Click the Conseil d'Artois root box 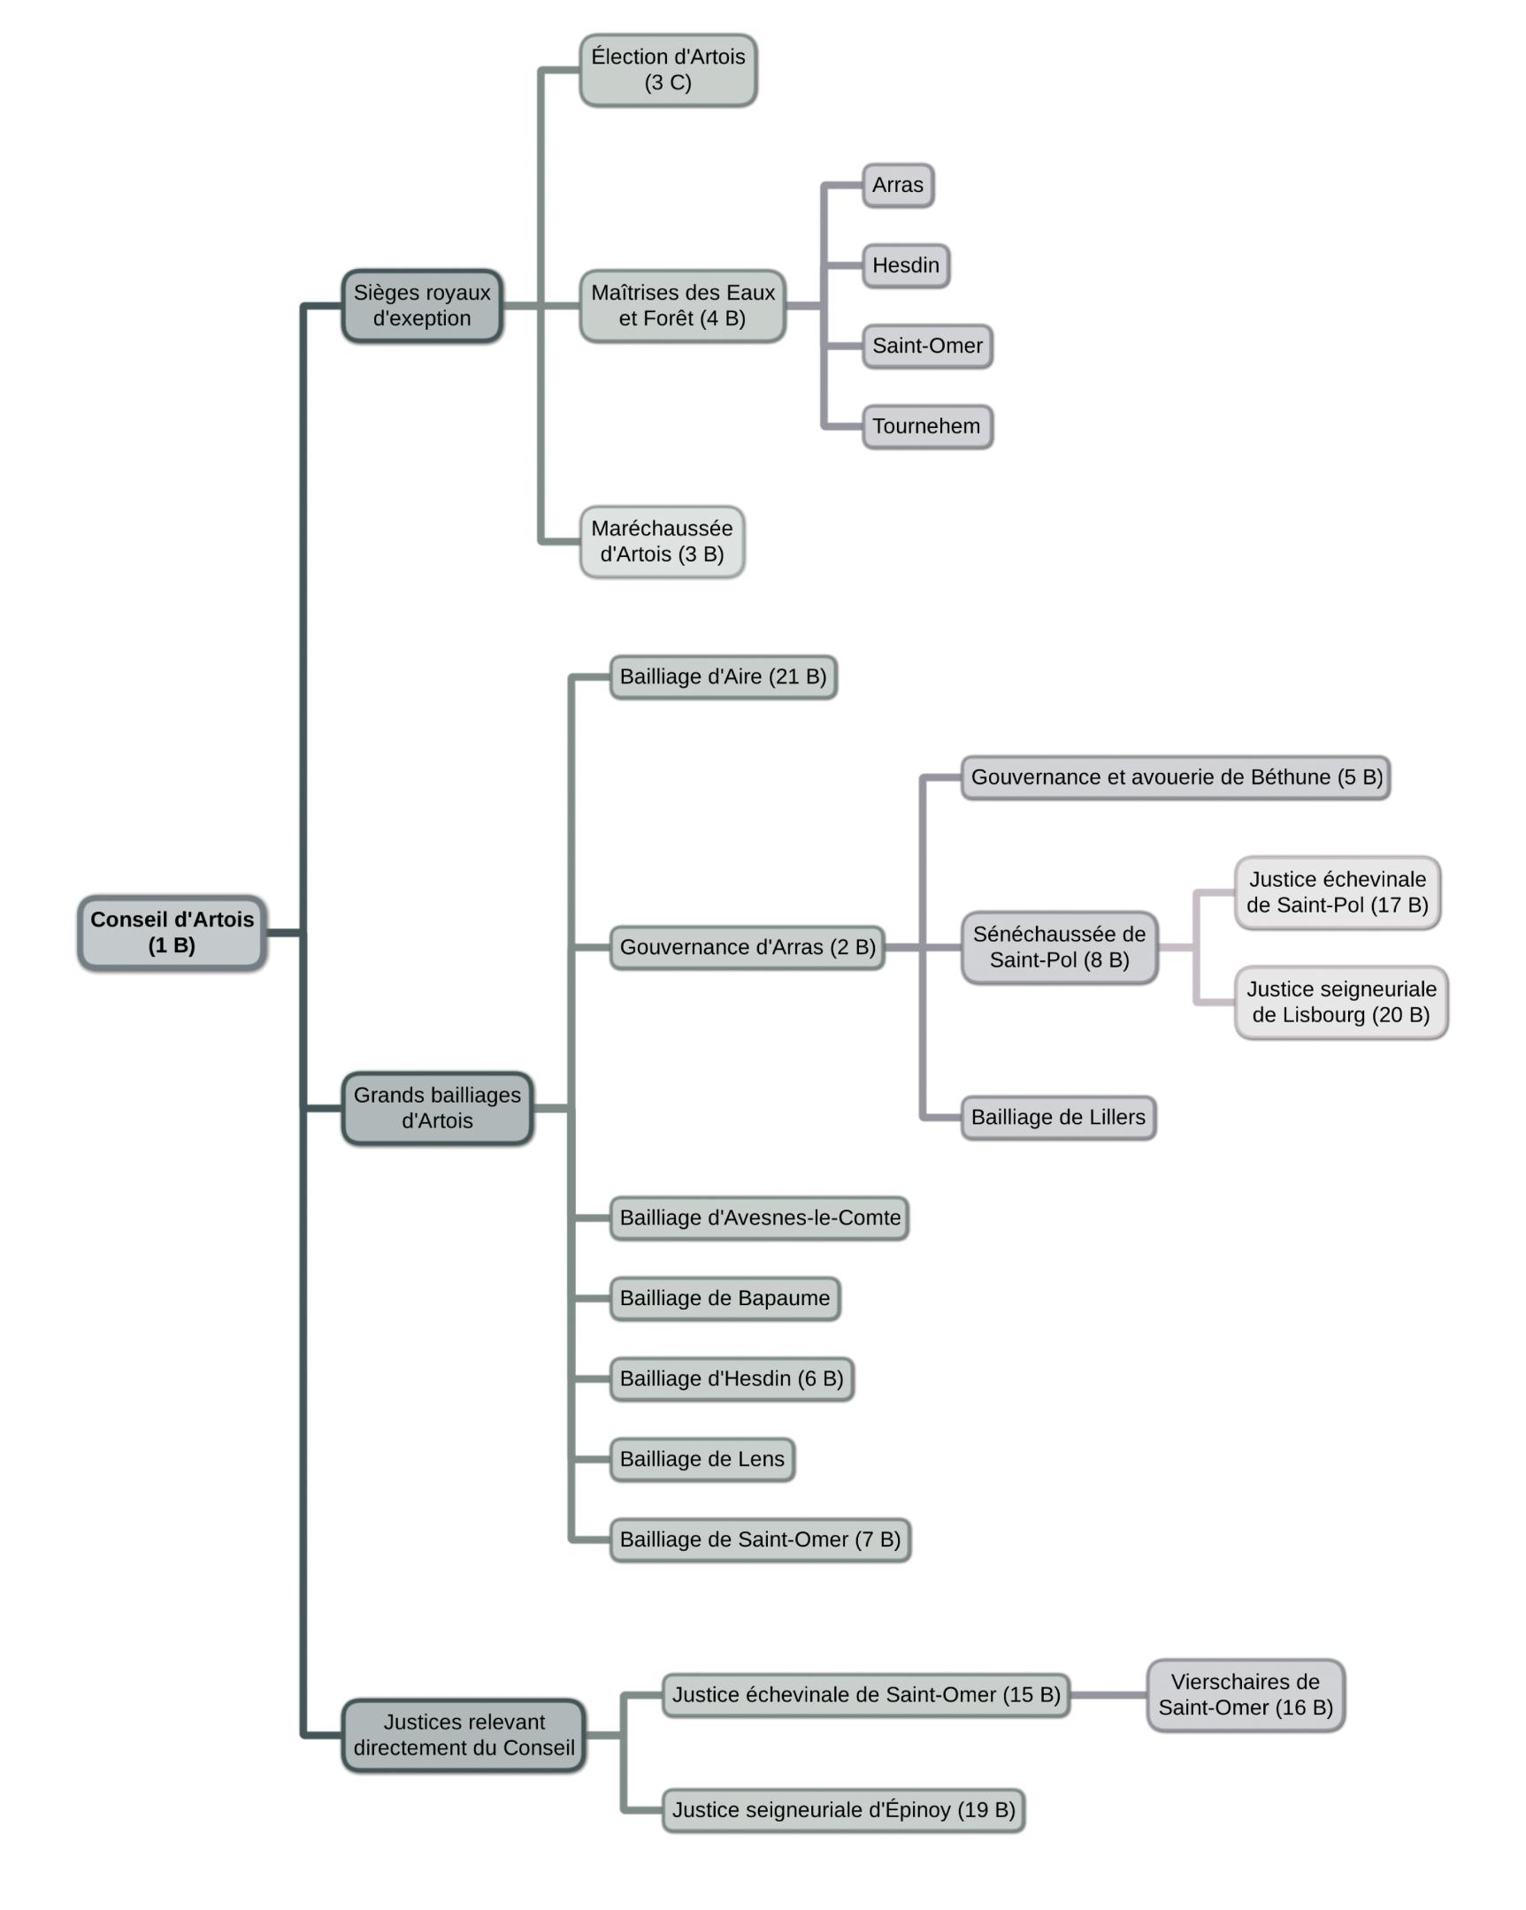click(x=172, y=932)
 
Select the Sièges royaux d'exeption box click(x=422, y=306)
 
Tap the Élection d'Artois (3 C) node click(x=668, y=70)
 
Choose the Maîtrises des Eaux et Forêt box click(x=682, y=306)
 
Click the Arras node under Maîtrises click(x=898, y=185)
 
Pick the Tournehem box click(x=927, y=426)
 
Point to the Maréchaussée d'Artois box click(x=662, y=541)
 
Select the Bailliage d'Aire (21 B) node click(x=723, y=676)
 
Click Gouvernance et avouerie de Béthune click(x=1175, y=777)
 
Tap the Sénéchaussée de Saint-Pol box click(x=1059, y=947)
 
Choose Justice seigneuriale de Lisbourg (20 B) click(x=1341, y=1002)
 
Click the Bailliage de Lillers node click(x=1058, y=1117)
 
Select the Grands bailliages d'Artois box click(x=437, y=1108)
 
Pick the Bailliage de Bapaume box click(x=725, y=1298)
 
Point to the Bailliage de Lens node click(x=702, y=1459)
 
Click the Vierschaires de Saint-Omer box click(x=1245, y=1695)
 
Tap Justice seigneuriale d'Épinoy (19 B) click(x=844, y=1810)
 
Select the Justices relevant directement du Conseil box click(x=464, y=1736)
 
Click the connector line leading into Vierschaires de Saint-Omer click(x=1108, y=1695)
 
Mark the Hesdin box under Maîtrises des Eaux click(x=906, y=266)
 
